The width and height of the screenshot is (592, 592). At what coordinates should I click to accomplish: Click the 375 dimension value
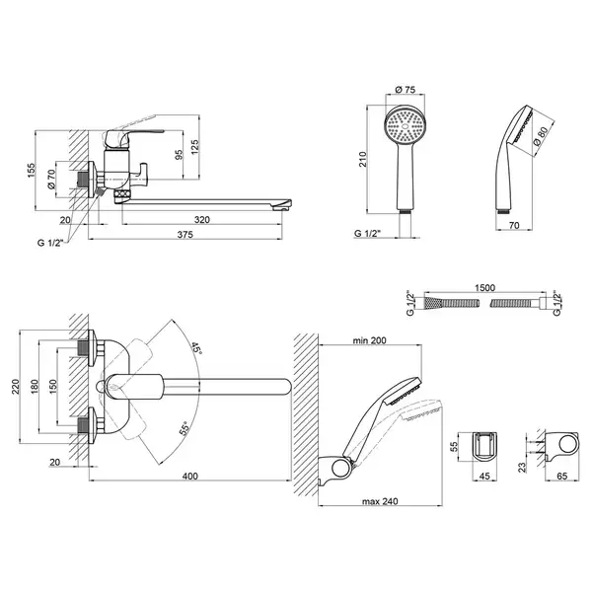tap(185, 235)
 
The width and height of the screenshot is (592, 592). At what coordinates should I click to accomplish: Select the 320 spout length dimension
tap(202, 220)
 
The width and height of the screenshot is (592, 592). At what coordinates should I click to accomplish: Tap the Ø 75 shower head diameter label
tap(405, 90)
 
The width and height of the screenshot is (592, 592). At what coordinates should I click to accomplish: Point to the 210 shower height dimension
tap(362, 159)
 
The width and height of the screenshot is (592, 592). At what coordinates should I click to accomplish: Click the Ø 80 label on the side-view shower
tap(541, 136)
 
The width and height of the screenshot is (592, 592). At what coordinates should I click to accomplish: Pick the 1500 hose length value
tap(484, 288)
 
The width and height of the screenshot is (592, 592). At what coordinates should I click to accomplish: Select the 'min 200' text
tap(369, 340)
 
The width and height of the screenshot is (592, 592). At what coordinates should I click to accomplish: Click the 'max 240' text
tap(380, 501)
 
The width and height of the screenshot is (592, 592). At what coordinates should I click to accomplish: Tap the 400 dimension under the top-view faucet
tap(189, 477)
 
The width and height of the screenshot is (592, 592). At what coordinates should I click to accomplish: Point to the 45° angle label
tap(197, 347)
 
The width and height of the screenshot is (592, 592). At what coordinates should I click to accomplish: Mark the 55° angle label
tap(185, 428)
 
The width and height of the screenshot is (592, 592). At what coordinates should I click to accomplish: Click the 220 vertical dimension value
tap(16, 387)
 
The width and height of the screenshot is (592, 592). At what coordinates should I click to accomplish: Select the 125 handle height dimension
tap(194, 147)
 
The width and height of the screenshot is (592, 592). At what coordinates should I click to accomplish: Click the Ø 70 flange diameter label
tap(51, 179)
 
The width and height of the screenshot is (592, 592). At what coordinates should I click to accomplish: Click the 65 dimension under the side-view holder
tap(562, 477)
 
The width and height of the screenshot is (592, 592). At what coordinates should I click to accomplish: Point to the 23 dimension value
tap(522, 468)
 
